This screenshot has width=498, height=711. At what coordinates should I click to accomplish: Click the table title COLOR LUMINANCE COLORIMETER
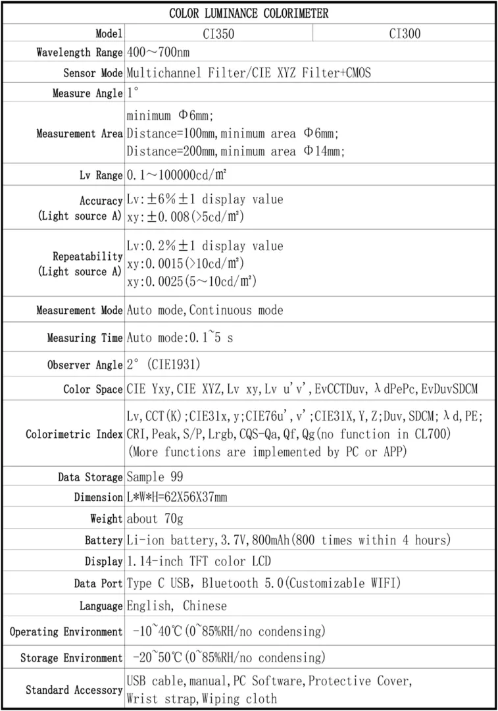click(x=249, y=13)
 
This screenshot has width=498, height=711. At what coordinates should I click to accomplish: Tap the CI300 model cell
click(x=404, y=33)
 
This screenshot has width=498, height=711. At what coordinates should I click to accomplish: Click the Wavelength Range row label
click(x=79, y=52)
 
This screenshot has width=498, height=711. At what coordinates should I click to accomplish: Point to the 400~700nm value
click(x=158, y=52)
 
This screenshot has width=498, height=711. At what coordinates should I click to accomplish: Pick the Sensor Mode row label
click(x=93, y=72)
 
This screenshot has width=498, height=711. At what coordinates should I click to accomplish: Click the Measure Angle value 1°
click(x=132, y=93)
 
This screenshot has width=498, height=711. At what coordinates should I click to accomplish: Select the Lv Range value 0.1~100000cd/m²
click(x=177, y=175)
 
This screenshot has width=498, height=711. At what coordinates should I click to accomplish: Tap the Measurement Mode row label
click(x=79, y=310)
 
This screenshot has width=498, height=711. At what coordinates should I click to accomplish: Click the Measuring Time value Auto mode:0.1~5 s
click(x=180, y=338)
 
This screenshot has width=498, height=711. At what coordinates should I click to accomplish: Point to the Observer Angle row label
click(x=85, y=365)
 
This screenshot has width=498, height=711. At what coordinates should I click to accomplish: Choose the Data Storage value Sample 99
click(x=155, y=477)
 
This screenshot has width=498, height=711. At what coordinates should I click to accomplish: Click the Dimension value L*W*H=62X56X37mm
click(x=177, y=497)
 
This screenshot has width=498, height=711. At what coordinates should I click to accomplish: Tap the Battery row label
click(x=103, y=540)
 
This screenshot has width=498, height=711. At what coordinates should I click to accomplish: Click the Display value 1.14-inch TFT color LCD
click(x=198, y=561)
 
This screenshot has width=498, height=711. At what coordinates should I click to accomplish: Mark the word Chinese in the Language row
click(x=205, y=606)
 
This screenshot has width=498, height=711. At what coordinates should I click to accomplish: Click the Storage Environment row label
click(x=71, y=658)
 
